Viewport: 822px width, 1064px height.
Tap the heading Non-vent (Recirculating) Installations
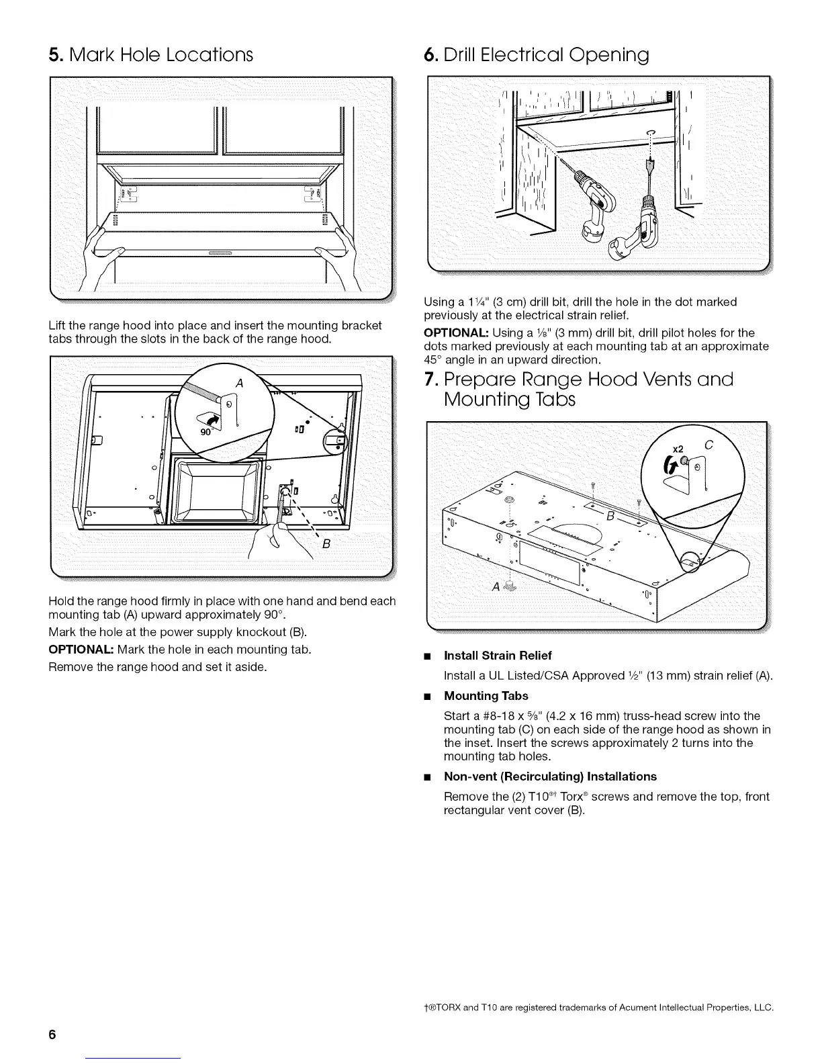point(550,776)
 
